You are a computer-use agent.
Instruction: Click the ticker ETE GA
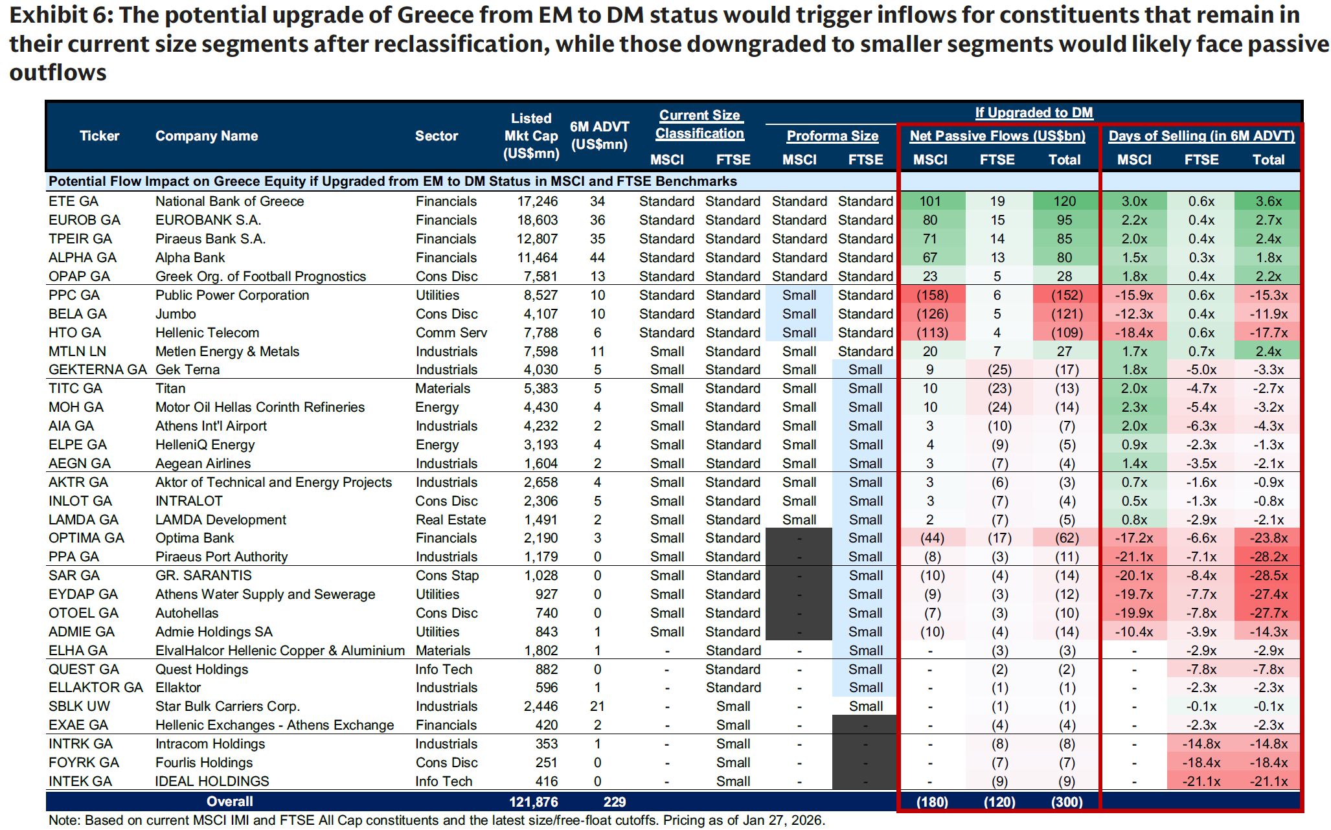pyautogui.click(x=73, y=201)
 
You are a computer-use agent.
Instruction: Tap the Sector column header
pyautogui.click(x=436, y=136)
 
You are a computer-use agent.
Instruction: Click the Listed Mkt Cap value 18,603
pyautogui.click(x=537, y=220)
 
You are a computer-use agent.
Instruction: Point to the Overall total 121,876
pyautogui.click(x=533, y=802)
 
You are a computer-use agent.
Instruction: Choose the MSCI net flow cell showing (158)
pyautogui.click(x=931, y=295)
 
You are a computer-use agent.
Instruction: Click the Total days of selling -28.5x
pyautogui.click(x=1268, y=576)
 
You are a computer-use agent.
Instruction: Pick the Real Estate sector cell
pyautogui.click(x=450, y=520)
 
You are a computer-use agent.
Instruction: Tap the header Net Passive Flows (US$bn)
pyautogui.click(x=997, y=136)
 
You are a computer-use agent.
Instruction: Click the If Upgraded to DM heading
pyautogui.click(x=1034, y=113)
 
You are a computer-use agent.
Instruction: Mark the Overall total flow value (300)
pyautogui.click(x=1066, y=802)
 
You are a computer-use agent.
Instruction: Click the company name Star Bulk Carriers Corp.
pyautogui.click(x=227, y=706)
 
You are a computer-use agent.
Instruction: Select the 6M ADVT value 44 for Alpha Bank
pyautogui.click(x=597, y=258)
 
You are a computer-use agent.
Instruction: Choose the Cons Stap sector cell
pyautogui.click(x=447, y=576)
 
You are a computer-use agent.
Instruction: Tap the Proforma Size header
pyautogui.click(x=832, y=136)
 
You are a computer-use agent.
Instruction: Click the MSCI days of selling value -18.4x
pyautogui.click(x=1133, y=333)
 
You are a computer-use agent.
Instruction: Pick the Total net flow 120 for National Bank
pyautogui.click(x=1064, y=201)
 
